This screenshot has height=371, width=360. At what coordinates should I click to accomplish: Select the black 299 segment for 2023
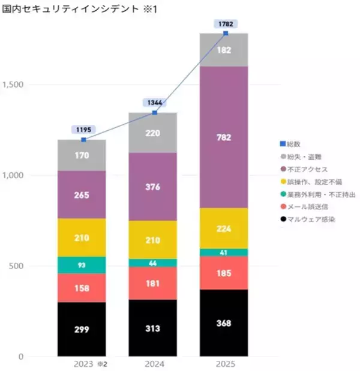coord(82,329)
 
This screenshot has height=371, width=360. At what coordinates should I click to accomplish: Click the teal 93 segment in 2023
coord(82,265)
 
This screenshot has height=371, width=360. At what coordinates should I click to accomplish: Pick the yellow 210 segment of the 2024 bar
coord(154,240)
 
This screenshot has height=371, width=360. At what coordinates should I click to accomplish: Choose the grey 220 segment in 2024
coord(154,133)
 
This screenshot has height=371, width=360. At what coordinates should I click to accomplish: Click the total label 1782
coord(226,23)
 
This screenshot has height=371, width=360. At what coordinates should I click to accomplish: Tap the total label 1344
coord(154,103)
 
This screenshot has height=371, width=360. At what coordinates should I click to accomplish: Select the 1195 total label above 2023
coord(83,130)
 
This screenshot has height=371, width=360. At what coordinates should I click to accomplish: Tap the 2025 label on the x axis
coord(226,364)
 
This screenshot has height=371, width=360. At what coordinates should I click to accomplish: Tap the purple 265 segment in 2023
coord(82,195)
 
